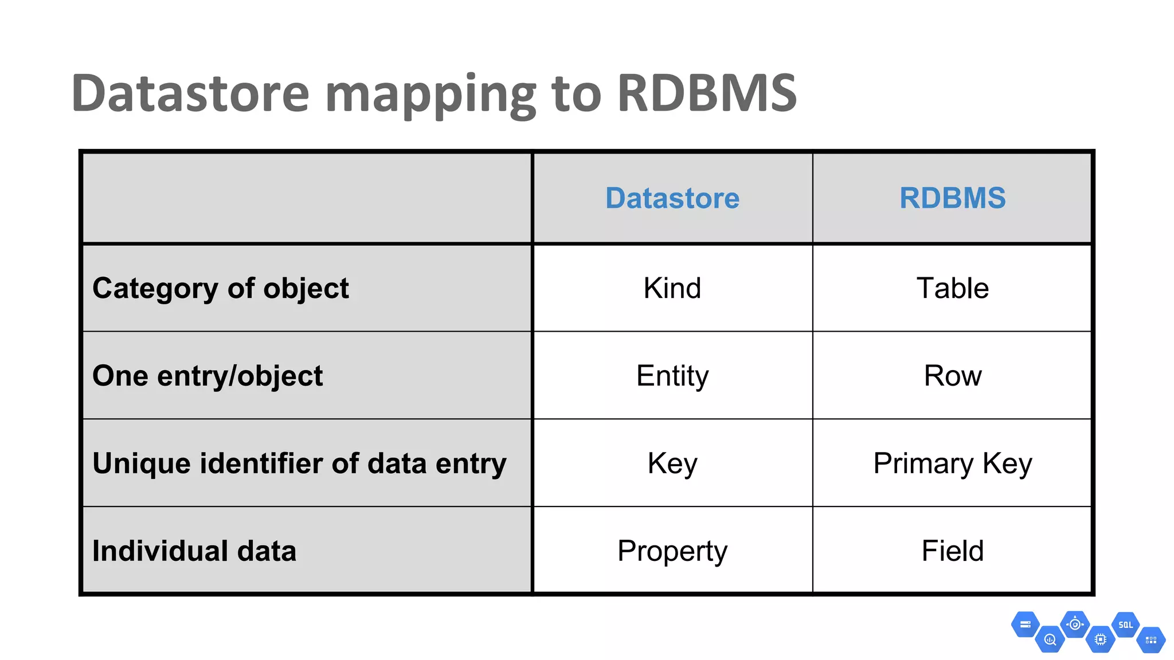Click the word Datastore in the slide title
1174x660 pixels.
(x=190, y=93)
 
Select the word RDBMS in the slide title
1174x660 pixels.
(x=707, y=93)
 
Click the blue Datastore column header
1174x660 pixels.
(x=672, y=198)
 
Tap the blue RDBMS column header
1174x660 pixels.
(x=952, y=198)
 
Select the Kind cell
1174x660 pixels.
(x=672, y=288)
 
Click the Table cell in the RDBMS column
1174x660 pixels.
(x=952, y=288)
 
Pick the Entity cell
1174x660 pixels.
(x=672, y=376)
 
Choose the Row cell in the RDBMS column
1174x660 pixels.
(x=952, y=376)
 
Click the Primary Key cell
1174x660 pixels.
(x=952, y=463)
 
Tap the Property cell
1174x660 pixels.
(x=672, y=551)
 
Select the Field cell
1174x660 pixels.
(x=952, y=551)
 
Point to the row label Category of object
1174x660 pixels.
(x=221, y=288)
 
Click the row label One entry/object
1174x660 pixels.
(x=208, y=376)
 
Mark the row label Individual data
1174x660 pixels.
(x=194, y=551)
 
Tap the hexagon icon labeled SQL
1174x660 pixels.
(x=1125, y=625)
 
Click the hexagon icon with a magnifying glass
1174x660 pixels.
(x=1050, y=639)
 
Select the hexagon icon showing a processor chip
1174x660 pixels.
(x=1100, y=639)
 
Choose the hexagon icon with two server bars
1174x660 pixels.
(x=1026, y=624)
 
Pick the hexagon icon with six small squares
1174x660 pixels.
(x=1150, y=640)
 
